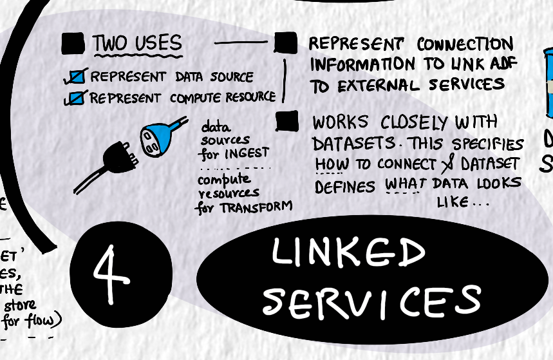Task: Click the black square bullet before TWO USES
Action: [x=73, y=44]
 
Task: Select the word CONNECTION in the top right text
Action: [x=464, y=45]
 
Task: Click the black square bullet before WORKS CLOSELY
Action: [x=286, y=121]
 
